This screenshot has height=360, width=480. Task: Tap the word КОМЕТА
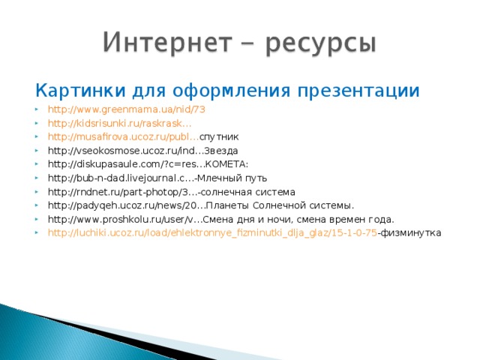pos(228,164)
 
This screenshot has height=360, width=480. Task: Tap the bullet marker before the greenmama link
pos(38,109)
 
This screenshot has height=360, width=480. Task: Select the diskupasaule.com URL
pos(127,164)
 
